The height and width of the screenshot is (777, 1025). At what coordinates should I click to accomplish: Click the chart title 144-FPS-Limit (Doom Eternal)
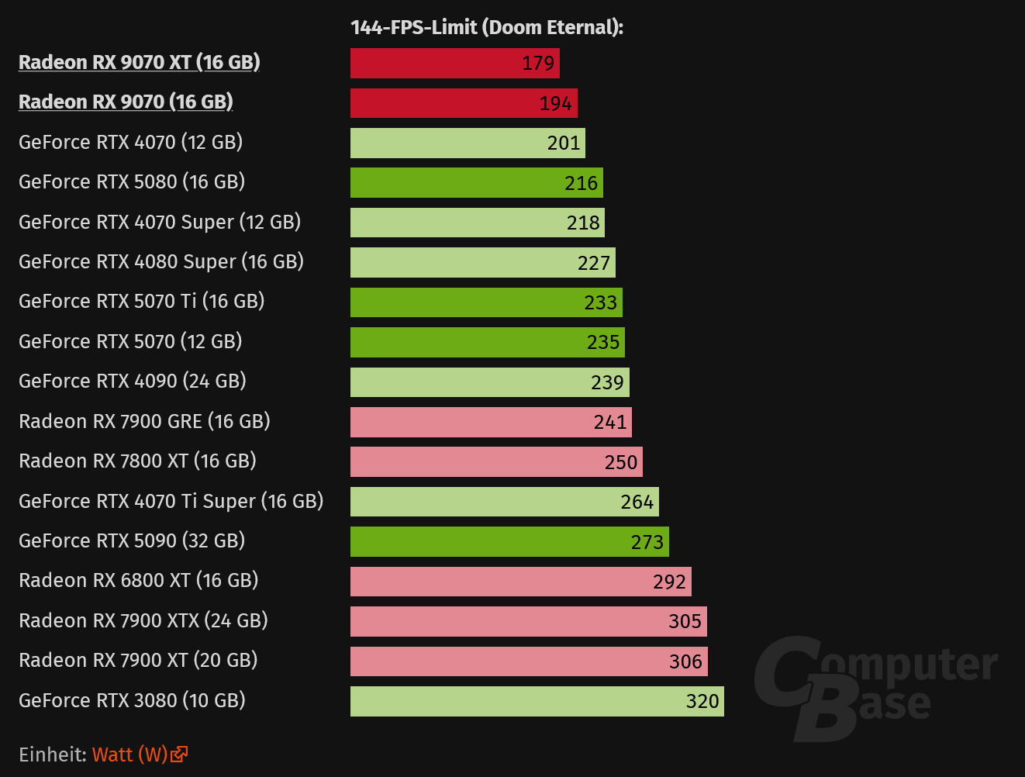(x=487, y=27)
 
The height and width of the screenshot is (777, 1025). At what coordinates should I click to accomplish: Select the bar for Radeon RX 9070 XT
(x=454, y=63)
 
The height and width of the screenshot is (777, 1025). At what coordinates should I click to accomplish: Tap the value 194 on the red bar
(x=555, y=103)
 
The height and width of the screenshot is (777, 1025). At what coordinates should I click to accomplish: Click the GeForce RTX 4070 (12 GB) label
(x=130, y=142)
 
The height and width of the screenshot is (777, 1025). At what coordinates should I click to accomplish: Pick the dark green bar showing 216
(x=476, y=183)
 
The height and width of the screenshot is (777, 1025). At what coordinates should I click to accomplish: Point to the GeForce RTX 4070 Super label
(x=160, y=222)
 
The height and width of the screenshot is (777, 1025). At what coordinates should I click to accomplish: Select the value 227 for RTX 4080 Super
(x=593, y=263)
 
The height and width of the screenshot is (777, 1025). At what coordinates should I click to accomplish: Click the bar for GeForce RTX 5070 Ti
(x=485, y=302)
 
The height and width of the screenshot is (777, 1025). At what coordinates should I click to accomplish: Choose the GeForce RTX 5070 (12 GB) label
(x=130, y=341)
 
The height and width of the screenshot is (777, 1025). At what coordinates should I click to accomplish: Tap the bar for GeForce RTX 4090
(x=489, y=382)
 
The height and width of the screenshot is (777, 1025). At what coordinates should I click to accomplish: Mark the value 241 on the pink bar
(x=610, y=422)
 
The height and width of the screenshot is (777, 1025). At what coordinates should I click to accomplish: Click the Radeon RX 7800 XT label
(x=137, y=461)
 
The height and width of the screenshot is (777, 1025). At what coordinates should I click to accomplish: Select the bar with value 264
(x=504, y=502)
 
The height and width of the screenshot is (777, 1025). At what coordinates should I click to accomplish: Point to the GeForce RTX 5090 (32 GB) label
(x=132, y=540)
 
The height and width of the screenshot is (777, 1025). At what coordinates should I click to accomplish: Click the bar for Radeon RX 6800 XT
(x=520, y=582)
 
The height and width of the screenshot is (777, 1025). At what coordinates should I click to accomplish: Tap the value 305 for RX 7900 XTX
(x=685, y=621)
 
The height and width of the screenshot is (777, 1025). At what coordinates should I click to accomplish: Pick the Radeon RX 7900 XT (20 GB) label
(x=138, y=660)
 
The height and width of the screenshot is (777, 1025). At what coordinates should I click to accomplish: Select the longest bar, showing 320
(x=537, y=701)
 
